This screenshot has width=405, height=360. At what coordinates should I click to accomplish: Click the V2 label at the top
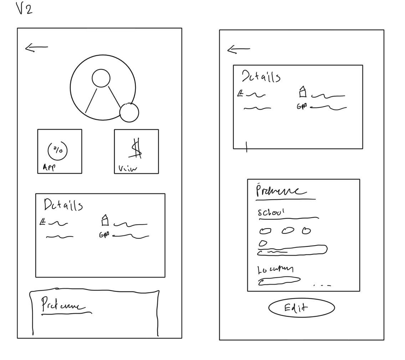pos(24,8)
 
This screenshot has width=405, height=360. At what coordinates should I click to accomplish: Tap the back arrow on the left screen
pos(36,48)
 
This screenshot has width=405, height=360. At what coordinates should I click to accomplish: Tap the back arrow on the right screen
pos(239,49)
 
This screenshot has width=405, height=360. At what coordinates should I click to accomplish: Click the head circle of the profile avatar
pos(101,78)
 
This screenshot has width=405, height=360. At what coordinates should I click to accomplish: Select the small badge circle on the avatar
pos(129,113)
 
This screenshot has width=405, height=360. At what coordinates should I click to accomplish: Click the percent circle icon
pos(57,150)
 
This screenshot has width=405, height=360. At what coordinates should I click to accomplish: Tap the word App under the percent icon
pos(49,167)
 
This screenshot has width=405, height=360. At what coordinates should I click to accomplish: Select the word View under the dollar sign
pos(127,169)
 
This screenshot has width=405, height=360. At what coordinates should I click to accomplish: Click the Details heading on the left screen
pos(63,205)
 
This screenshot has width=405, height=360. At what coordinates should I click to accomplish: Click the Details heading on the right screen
pos(261,76)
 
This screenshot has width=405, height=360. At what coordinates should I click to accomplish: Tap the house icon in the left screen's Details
pos(105,220)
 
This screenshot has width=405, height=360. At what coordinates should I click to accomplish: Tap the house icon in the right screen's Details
pos(302,92)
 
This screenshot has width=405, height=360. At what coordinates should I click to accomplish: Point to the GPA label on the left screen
pos(104,235)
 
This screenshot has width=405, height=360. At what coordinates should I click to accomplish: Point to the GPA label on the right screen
pos(302,106)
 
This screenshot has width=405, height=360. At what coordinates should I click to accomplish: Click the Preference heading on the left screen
pos(63,305)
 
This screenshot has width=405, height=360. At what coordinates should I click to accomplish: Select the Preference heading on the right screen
pos(281,191)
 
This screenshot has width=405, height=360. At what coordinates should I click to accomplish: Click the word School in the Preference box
pos(271,212)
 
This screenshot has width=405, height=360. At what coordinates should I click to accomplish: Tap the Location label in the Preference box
pos(275,270)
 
